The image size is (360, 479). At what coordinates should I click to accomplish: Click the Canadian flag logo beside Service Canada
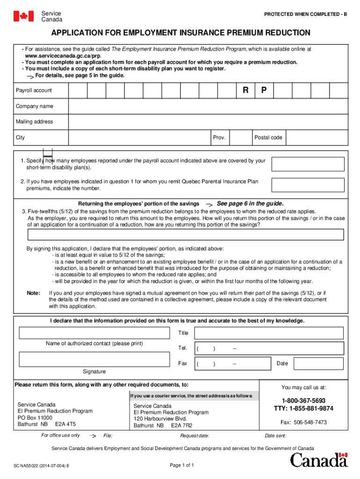tap(23, 16)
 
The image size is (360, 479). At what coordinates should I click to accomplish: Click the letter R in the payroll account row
tap(245, 90)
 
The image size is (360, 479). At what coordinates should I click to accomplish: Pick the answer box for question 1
tap(308, 164)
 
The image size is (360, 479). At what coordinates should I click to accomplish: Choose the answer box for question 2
tap(308, 184)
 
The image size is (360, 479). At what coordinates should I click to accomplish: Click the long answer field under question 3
tap(180, 234)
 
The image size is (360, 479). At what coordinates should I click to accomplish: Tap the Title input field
tap(268, 333)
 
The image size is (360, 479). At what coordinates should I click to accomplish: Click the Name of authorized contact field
tap(94, 333)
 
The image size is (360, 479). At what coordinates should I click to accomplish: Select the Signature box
tap(94, 359)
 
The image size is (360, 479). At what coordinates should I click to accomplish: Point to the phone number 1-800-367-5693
tap(303, 401)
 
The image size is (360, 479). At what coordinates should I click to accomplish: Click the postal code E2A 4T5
tap(65, 424)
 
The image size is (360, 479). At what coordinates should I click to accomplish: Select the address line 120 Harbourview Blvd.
tap(160, 419)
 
